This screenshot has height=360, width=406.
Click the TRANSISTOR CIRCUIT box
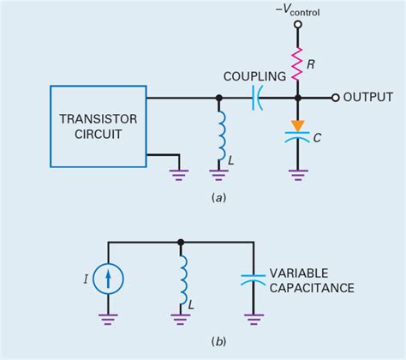click(x=98, y=124)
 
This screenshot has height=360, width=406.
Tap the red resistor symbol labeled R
click(x=297, y=62)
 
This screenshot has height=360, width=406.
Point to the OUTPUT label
click(x=367, y=97)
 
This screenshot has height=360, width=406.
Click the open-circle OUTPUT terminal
click(x=336, y=97)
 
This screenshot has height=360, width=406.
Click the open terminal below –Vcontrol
click(x=297, y=25)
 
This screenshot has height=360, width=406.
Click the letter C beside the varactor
click(x=318, y=135)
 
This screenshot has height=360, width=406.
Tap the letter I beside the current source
click(x=86, y=278)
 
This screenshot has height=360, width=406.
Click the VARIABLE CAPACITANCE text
click(x=311, y=281)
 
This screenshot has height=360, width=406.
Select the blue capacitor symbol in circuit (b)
click(x=252, y=280)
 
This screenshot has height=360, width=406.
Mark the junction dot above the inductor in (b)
click(x=181, y=243)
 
